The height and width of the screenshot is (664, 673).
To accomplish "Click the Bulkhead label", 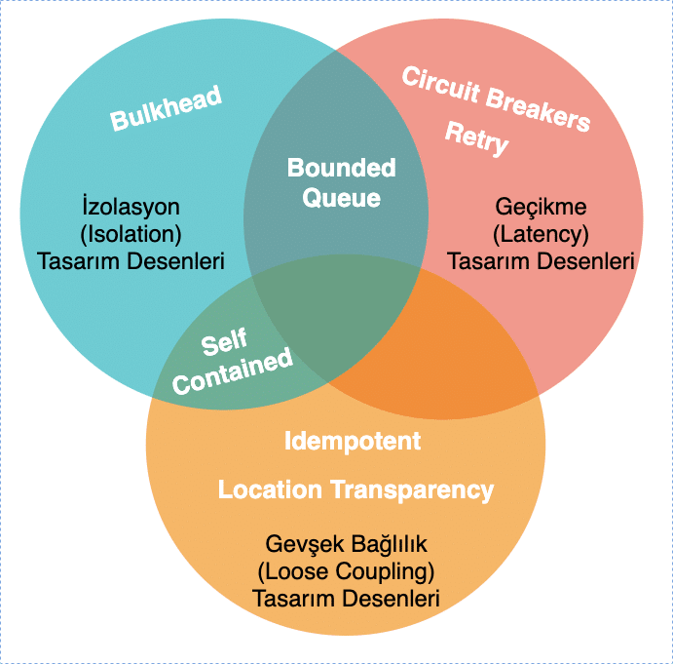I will coord(166,108).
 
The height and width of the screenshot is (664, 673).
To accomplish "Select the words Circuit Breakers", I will coord(497,98).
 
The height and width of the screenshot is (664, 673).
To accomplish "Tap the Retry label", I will coord(477,138).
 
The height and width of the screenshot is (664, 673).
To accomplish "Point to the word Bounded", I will coord(341,168).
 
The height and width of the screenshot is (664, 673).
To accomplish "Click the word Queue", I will coord(341,198).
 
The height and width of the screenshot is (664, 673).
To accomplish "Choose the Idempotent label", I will coord(353,441).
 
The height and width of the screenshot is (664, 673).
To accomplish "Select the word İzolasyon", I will coord(131,208).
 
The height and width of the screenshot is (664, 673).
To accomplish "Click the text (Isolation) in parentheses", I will coord(131,234).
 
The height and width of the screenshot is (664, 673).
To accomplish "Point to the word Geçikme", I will coord(541,208).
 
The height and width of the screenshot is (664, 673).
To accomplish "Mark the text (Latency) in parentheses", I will coord(541,234).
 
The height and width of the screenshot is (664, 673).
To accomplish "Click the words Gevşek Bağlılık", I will coord(346,543).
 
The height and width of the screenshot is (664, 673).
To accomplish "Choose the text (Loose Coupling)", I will coord(346,570).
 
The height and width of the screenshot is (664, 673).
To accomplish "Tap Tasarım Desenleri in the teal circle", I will coord(131,261).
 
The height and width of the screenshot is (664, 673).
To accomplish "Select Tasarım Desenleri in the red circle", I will coord(541,261).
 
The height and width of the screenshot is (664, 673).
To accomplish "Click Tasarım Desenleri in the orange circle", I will coord(346,598).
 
